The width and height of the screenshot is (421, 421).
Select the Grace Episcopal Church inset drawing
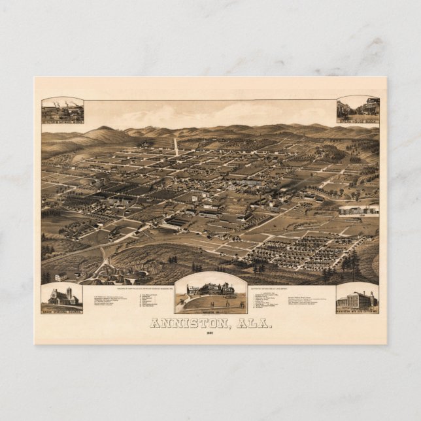coord(62,297)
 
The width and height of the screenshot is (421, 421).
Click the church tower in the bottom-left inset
coord(69,294)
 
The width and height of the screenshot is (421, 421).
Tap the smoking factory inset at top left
coord(63,109)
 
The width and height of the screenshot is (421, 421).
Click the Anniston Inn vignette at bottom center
coord(210,292)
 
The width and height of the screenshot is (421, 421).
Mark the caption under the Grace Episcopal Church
coord(62,311)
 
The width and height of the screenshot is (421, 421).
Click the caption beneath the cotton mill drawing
coord(357,312)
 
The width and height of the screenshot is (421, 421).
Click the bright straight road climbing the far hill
coord(175,146)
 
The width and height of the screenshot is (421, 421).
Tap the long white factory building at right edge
coord(358,210)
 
